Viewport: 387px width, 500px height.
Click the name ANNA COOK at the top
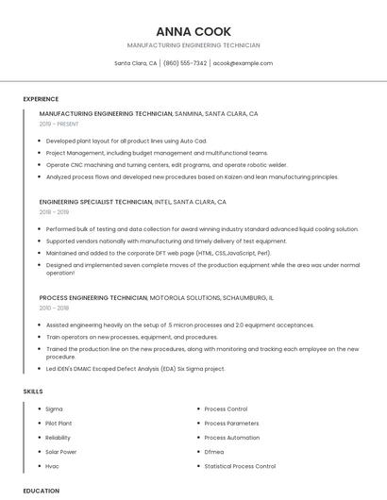tap(193, 31)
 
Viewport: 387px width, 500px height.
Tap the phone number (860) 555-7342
tap(185, 63)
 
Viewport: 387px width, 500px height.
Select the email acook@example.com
tap(243, 63)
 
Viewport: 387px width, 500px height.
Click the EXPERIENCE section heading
tap(41, 99)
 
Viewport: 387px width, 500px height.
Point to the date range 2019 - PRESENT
tap(59, 124)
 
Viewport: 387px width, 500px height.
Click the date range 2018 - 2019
tap(54, 212)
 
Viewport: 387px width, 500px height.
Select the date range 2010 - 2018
tap(54, 308)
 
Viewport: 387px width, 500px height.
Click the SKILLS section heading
tap(33, 391)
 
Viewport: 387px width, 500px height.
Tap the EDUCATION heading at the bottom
tap(41, 491)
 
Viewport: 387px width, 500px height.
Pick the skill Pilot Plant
tap(59, 424)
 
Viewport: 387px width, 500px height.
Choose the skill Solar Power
tap(59, 452)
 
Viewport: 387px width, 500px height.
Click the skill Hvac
tap(53, 466)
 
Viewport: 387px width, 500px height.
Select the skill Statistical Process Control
tap(240, 466)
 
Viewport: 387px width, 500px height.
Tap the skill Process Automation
tap(231, 438)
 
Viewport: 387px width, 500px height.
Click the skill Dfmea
tap(214, 452)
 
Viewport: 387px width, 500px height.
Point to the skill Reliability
tap(58, 438)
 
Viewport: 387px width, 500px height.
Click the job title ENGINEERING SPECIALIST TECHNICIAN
tap(95, 202)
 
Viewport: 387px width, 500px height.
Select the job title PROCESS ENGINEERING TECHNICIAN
tap(93, 297)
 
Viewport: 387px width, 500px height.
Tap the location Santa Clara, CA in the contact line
tap(136, 63)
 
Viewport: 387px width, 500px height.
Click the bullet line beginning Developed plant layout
tap(126, 141)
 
